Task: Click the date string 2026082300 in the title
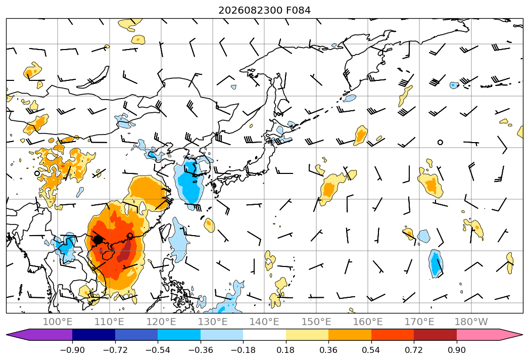tap(251, 11)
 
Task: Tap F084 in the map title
tap(299, 11)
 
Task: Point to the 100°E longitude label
tap(58, 322)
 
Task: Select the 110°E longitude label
tap(109, 322)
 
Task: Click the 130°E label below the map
tap(213, 322)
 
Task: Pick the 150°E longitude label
tap(316, 322)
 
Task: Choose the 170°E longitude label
tap(419, 322)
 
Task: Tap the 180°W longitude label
tap(471, 322)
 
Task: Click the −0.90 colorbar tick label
tap(72, 350)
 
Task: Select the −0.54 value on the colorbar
tap(158, 350)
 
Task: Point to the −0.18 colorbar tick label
tap(243, 350)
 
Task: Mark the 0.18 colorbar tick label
tap(286, 350)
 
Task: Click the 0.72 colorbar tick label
tap(414, 350)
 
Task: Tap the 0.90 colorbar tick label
tap(456, 350)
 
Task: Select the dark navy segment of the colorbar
tap(93, 335)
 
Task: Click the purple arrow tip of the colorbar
tap(7, 335)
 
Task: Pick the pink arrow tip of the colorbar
tap(522, 335)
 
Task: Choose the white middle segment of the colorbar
tap(265, 335)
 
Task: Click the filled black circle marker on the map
tap(98, 240)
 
